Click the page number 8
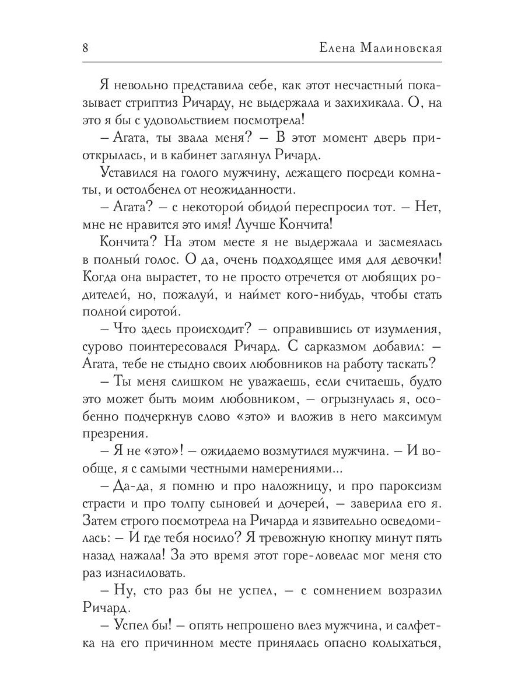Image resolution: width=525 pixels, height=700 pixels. coord(85,48)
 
